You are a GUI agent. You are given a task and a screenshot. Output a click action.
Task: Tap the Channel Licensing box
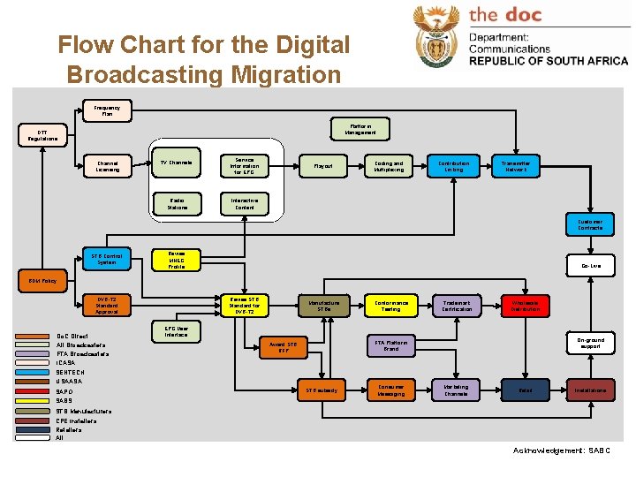tap(108, 166)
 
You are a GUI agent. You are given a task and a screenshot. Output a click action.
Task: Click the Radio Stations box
tap(177, 204)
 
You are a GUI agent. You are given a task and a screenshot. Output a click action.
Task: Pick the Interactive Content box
tap(245, 204)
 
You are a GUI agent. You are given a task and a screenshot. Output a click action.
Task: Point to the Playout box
tap(323, 166)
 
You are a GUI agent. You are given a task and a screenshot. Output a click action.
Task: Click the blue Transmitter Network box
tap(516, 166)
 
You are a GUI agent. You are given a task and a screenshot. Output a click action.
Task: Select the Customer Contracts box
tap(590, 224)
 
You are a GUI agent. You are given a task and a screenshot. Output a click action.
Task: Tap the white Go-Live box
tap(590, 265)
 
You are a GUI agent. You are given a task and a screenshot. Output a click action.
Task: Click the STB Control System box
tap(107, 259)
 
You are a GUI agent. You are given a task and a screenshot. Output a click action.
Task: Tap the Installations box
tap(590, 390)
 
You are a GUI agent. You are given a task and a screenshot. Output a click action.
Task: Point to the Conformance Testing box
tap(390, 305)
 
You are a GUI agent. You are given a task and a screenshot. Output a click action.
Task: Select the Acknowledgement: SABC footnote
tap(561, 450)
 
